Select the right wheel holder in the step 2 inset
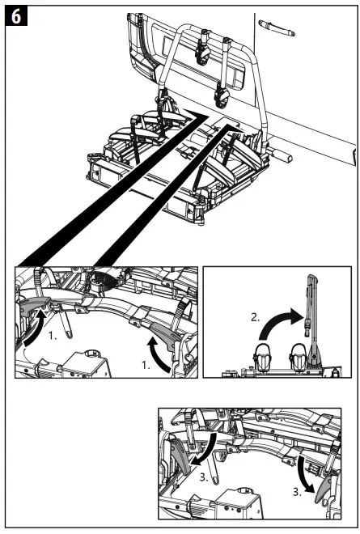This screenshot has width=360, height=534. (x=297, y=356)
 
